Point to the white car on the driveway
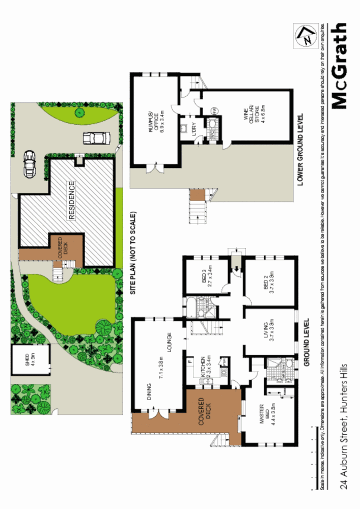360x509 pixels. pos(96,138)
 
